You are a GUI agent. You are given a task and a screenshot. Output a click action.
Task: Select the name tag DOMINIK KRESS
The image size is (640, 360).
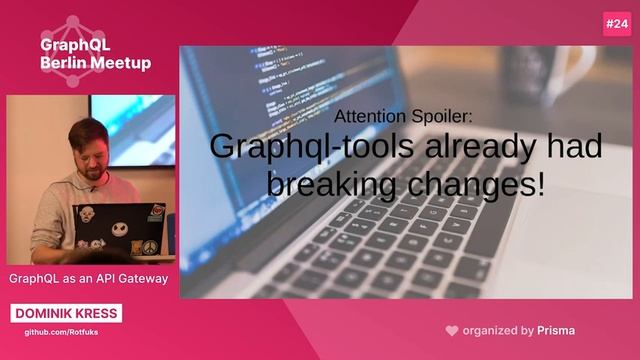tap(67, 313)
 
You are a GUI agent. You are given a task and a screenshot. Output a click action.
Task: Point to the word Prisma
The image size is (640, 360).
tap(556, 330)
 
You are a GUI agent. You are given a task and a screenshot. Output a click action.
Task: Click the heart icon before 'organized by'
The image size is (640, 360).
tap(452, 330)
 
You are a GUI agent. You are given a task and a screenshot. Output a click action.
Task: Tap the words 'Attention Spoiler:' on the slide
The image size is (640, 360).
tap(404, 115)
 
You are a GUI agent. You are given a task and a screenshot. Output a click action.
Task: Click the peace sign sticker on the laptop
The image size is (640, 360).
tap(149, 246)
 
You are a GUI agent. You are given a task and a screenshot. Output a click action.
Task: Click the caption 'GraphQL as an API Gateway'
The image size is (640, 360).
tap(88, 279)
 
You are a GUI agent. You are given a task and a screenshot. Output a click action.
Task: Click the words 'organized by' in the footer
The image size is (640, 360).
tap(498, 330)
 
